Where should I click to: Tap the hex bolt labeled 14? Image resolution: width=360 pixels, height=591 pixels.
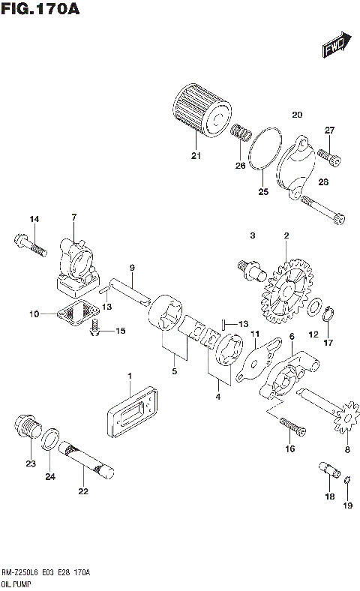(x=27, y=244)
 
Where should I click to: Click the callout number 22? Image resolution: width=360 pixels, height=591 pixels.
(x=82, y=492)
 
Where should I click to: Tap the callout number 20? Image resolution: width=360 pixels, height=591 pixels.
(x=296, y=115)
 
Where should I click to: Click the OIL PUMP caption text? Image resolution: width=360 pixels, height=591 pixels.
(x=16, y=581)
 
